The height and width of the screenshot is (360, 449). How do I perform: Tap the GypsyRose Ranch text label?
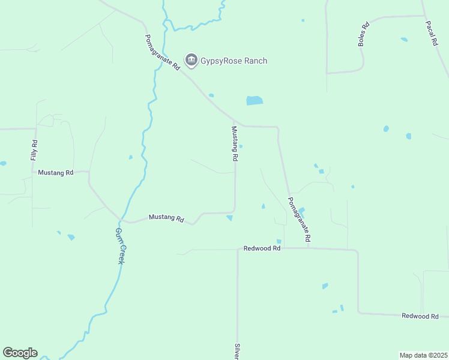(234, 61)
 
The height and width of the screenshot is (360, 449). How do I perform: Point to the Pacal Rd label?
(430, 34)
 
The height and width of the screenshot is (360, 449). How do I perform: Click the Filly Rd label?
(34, 150)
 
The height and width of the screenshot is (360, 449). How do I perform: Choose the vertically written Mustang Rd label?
(235, 143)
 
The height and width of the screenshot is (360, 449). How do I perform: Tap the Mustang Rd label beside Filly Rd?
(55, 173)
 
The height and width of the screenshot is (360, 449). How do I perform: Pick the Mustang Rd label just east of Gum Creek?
(166, 218)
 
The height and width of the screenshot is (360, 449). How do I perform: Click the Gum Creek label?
(119, 246)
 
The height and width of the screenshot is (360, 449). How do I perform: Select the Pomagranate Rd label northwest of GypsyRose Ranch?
(163, 53)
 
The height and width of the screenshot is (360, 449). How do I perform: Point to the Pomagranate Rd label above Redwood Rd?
(299, 220)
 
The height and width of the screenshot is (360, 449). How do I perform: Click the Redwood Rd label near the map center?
(262, 248)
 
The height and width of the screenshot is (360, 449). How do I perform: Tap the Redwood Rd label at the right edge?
(420, 316)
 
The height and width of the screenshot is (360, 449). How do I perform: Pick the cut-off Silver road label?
(237, 352)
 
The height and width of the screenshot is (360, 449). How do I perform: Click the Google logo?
(20, 353)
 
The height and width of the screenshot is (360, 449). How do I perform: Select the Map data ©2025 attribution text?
(423, 355)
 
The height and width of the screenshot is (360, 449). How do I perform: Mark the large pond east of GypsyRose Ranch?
(255, 101)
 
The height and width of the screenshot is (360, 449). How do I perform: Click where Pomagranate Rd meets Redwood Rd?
(309, 248)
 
